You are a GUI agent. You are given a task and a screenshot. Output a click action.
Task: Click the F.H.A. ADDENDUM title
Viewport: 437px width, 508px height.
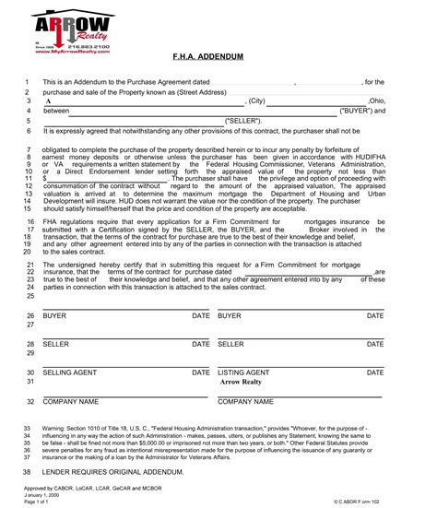(218, 57)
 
